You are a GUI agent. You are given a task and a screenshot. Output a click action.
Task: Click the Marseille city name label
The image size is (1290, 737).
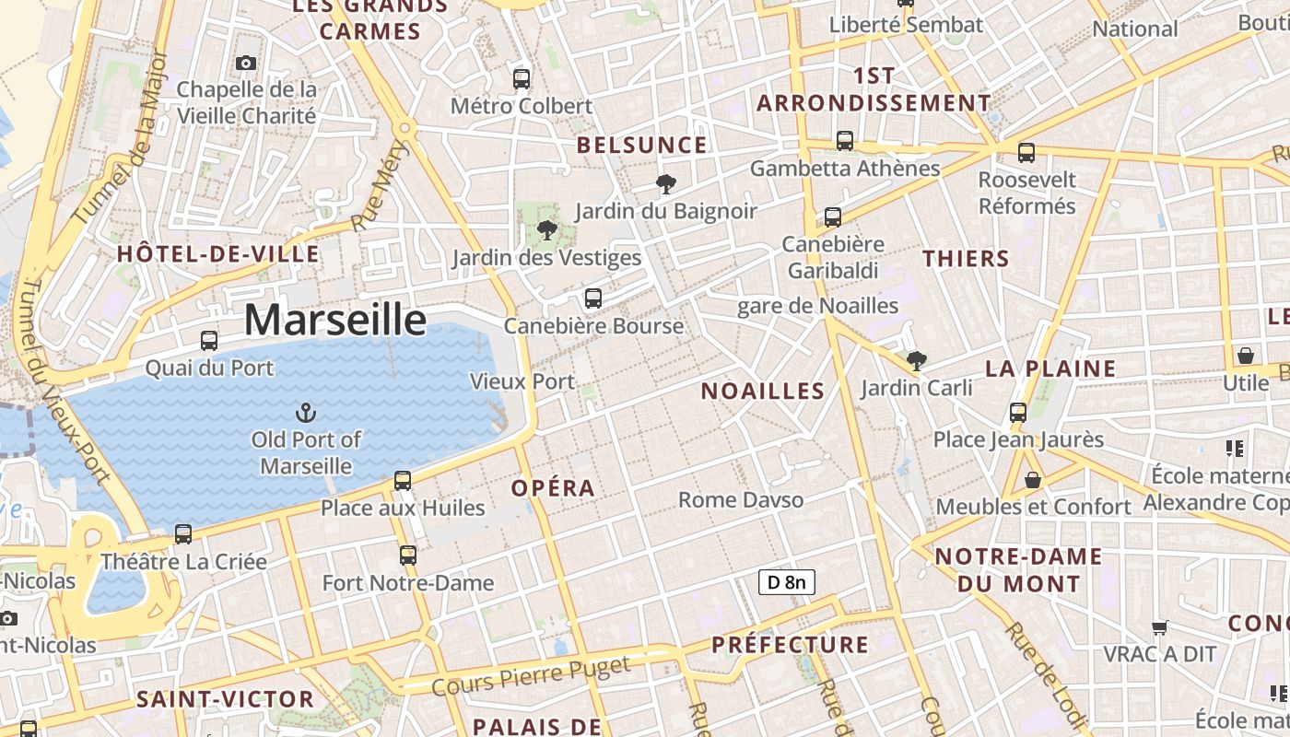pos(335,320)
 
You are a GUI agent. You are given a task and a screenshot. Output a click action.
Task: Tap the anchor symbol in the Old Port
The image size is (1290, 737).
pos(306,412)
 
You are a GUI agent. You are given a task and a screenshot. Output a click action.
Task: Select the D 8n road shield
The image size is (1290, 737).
pos(787,581)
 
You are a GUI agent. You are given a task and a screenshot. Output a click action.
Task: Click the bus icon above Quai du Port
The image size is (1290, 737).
pos(209,341)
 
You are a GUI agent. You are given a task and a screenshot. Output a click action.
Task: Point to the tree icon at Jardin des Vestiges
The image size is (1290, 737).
pos(547,229)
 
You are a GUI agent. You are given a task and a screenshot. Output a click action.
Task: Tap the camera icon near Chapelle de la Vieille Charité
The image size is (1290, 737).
pos(245,63)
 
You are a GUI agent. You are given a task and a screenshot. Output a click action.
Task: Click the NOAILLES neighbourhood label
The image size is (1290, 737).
pos(763,391)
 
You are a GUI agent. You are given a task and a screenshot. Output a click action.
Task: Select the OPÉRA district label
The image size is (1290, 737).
pos(553,488)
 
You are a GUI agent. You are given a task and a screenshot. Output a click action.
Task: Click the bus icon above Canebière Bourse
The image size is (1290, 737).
pos(593,298)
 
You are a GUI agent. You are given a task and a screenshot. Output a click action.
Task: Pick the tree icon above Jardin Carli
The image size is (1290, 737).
pos(916,360)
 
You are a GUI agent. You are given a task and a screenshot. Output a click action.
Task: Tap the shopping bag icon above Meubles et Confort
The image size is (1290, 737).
pos(1033,480)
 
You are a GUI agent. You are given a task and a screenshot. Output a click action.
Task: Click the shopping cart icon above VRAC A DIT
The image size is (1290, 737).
pos(1160,627)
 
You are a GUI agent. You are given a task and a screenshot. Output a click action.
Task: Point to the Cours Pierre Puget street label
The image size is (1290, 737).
pos(532,676)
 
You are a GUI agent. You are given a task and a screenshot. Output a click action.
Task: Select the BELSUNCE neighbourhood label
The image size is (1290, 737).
pos(642,146)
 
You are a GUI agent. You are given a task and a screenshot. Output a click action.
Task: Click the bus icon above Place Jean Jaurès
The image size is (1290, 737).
pos(1018,413)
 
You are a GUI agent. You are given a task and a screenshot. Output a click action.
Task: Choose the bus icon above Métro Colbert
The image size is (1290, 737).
pos(522,79)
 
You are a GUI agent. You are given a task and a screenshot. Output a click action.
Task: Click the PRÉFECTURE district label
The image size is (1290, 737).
pos(791,644)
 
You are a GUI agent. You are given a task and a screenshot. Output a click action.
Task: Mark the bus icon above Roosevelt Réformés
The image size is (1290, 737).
pos(1026,153)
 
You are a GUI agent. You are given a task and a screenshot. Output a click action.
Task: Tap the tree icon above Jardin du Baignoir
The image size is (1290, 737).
pos(665,184)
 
